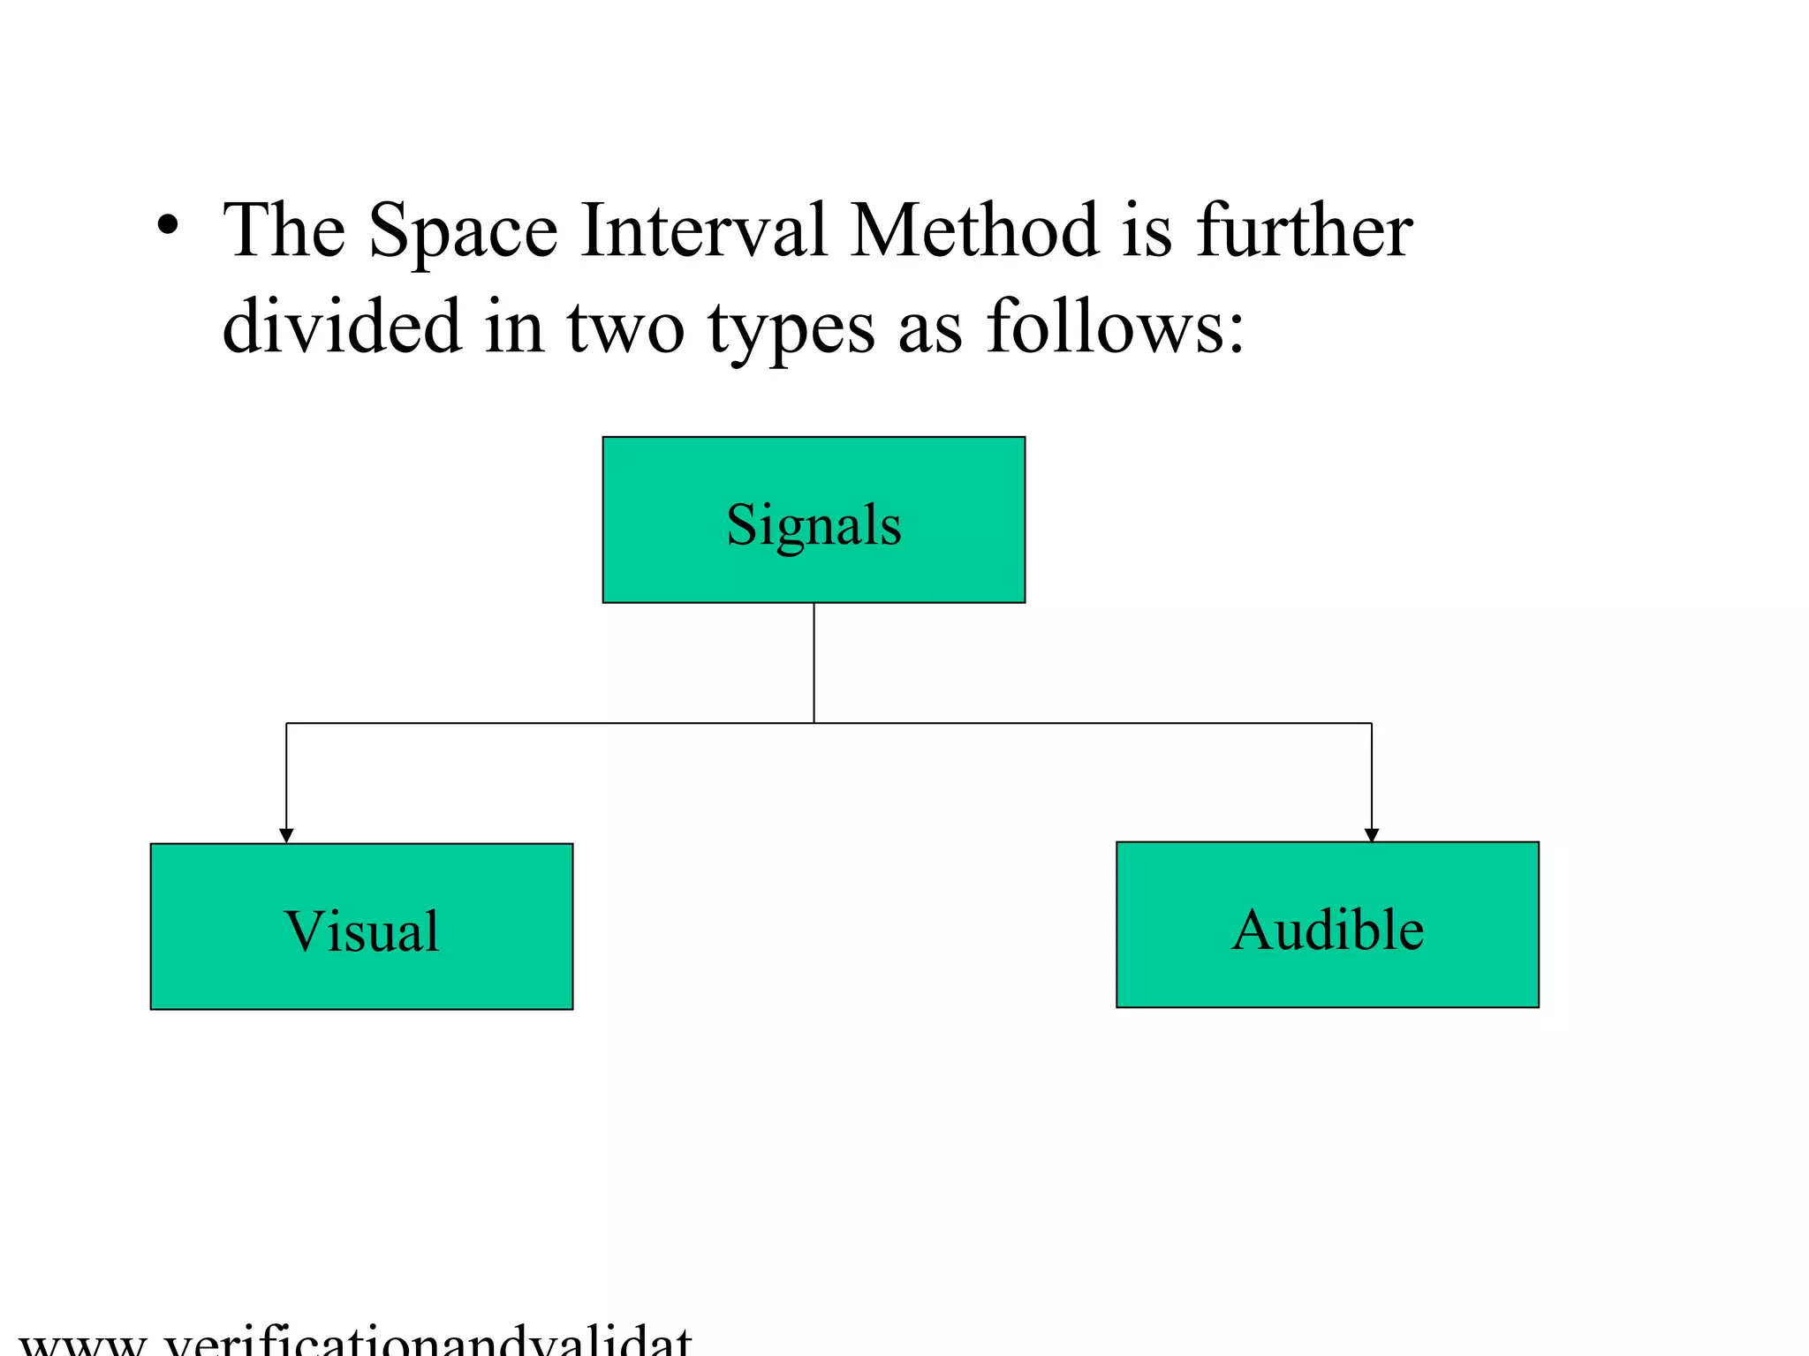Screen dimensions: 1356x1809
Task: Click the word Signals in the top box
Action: pos(814,525)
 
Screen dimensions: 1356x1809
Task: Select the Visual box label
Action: pos(361,931)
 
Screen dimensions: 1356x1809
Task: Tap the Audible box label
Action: pos(1328,930)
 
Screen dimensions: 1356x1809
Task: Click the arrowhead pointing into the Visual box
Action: pos(286,835)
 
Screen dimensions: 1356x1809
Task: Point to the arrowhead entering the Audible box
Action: pos(1372,834)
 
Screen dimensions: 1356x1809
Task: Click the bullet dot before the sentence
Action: pos(168,224)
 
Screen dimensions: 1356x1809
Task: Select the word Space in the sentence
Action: pos(464,231)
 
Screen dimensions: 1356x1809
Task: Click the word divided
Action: pos(342,327)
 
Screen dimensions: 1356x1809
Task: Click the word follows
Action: pos(1103,327)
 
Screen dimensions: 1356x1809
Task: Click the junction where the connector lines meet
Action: pos(814,723)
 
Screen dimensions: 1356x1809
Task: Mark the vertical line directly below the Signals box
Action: pos(814,662)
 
